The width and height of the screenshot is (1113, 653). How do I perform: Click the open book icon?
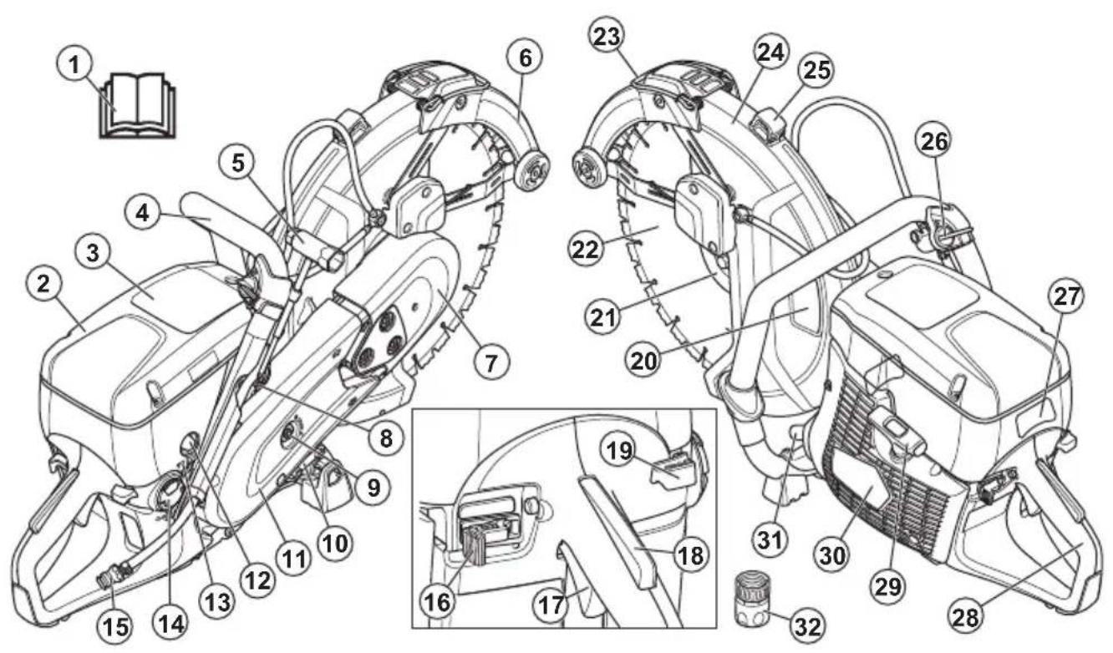coord(138,105)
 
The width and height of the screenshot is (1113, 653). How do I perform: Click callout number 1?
coord(74,65)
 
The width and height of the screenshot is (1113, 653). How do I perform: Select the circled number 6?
coord(526,58)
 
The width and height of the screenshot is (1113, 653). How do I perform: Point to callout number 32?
coord(808,626)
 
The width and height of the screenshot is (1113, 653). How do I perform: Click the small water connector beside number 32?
coord(752,600)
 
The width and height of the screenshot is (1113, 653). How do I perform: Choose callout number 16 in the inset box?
coord(438,602)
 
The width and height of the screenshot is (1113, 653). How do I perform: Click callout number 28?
coord(966,618)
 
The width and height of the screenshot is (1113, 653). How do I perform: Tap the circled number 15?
coord(115,626)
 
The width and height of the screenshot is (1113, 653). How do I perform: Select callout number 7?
coord(491,363)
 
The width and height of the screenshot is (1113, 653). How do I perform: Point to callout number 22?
coord(587,250)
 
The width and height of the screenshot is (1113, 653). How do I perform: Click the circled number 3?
coord(93,253)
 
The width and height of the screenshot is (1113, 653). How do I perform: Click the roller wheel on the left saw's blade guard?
coord(532,171)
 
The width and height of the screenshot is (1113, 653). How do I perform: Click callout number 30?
coord(832,556)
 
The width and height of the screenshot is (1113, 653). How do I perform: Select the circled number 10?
coord(335,544)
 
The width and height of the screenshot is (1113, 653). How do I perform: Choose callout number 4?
coord(143,214)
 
